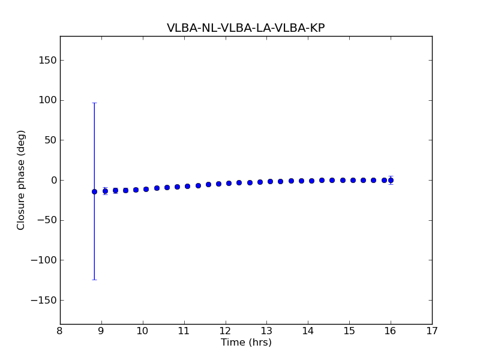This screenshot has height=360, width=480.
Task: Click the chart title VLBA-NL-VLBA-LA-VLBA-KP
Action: pos(245,28)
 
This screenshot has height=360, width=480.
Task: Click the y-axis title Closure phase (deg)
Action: pos(22,180)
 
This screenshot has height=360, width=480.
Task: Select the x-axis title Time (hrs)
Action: pos(246,343)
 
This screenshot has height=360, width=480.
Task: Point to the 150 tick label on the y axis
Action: pos(47,60)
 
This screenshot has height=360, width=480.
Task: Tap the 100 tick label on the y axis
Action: pos(47,100)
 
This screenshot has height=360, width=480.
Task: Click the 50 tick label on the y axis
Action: pos(50,140)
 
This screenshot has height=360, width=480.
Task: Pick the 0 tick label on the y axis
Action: pos(53,180)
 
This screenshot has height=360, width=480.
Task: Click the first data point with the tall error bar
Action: pos(94,191)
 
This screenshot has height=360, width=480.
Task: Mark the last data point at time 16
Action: pos(391,180)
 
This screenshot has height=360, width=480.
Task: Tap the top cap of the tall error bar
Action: pos(94,103)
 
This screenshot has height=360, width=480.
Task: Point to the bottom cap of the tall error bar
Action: pos(94,280)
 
